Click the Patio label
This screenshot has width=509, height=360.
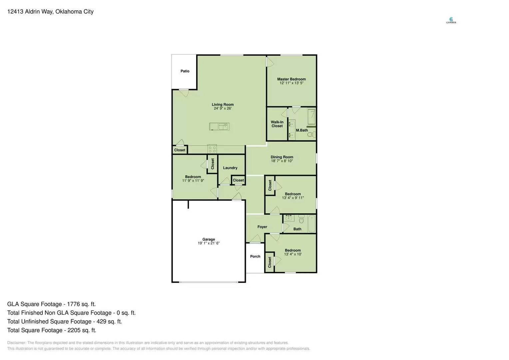coord(185,71)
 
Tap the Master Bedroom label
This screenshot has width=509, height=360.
coord(291,79)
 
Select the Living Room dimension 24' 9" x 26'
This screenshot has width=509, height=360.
coord(223,108)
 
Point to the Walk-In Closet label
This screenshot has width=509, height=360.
coord(277,124)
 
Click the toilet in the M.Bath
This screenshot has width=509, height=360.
coord(311,134)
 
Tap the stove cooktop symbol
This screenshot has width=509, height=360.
coord(212,149)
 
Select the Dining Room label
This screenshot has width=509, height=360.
coord(282,157)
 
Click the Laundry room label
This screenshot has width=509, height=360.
coord(230,168)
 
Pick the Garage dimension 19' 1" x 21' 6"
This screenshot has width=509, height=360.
coord(209,243)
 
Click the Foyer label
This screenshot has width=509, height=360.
coord(262,227)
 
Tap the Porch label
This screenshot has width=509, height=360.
coord(255,256)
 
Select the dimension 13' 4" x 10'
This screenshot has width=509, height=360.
coord(293,254)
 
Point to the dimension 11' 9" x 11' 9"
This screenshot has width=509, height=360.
coord(193,181)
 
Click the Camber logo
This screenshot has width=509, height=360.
coord(451,20)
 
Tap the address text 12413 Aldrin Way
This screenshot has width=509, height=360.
coord(30,12)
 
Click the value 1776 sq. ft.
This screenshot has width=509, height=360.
coord(81,304)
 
